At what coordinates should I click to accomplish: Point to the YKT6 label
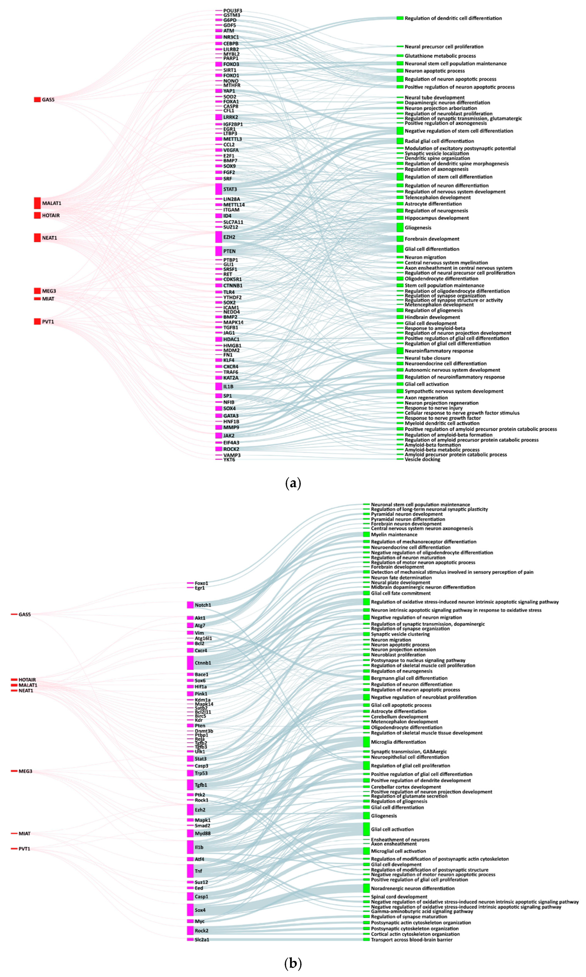pyautogui.click(x=229, y=460)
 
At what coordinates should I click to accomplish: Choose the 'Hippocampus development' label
pyautogui.click(x=436, y=218)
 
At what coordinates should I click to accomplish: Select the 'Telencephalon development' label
pyautogui.click(x=438, y=197)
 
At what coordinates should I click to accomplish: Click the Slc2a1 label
pyautogui.click(x=202, y=939)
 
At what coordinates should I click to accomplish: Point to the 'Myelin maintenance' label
pyautogui.click(x=394, y=534)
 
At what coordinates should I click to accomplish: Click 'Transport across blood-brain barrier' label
pyautogui.click(x=411, y=939)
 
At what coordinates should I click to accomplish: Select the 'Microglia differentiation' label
pyautogui.click(x=398, y=742)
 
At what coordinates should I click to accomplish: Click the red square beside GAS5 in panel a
pyautogui.click(x=37, y=100)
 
